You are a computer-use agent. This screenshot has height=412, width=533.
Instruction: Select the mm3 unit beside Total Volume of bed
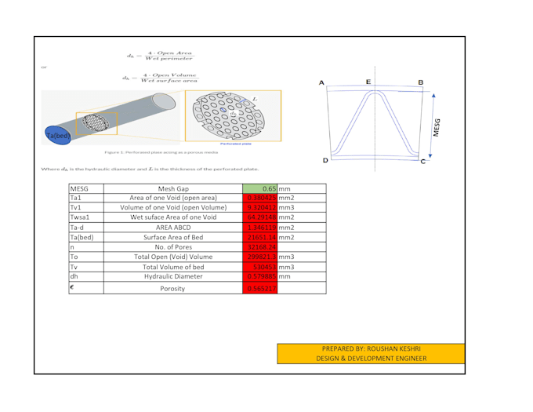click(x=286, y=264)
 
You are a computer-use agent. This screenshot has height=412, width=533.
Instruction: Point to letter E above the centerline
click(x=368, y=81)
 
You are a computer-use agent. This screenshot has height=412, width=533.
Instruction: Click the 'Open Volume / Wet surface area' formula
click(x=160, y=77)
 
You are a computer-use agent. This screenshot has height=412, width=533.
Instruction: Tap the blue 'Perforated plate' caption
click(x=236, y=144)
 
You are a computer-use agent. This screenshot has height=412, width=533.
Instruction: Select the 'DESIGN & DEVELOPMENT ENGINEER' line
click(x=371, y=358)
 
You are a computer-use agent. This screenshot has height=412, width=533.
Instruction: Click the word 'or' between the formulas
click(x=45, y=67)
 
